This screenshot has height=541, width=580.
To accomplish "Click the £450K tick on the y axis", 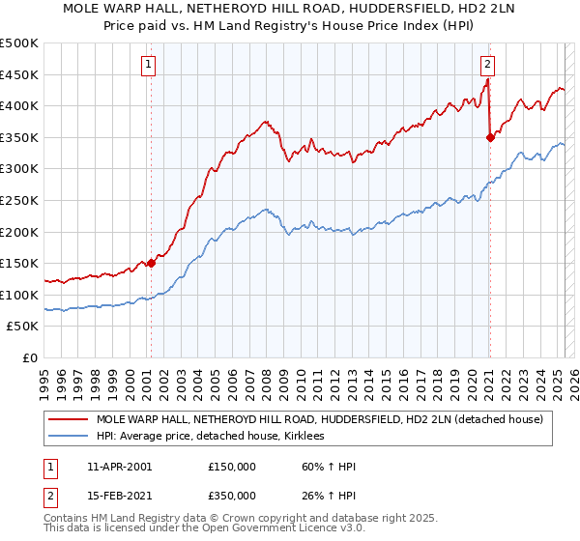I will tap(19, 74).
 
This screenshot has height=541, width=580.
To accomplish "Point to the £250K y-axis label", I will tap(19, 200).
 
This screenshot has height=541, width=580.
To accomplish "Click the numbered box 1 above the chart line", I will tap(150, 66).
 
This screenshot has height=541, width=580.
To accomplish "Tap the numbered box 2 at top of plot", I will tap(488, 66).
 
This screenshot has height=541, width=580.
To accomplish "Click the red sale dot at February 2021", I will tap(490, 137).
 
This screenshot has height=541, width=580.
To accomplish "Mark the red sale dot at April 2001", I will tap(151, 263).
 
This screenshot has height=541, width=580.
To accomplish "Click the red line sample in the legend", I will tap(67, 420).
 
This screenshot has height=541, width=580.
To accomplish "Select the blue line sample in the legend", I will tap(67, 437).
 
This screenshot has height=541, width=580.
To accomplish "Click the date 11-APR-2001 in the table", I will tap(119, 467).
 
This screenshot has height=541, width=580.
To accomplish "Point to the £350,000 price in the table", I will tap(231, 495).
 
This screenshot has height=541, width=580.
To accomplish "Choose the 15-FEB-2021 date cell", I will tap(119, 495).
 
